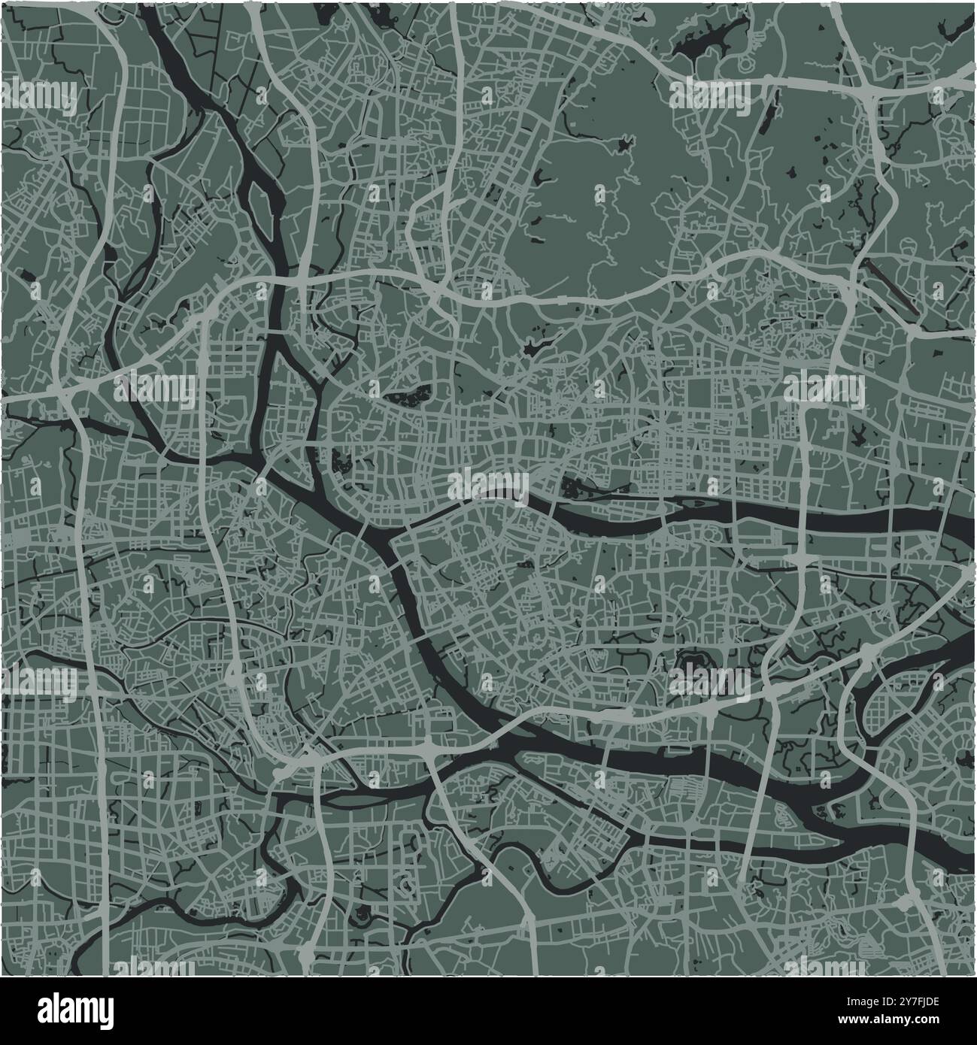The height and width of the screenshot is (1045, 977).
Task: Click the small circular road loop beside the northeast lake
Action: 742,45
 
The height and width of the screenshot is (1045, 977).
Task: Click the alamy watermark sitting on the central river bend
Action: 489,485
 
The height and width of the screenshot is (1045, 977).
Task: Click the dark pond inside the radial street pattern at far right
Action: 858,432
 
